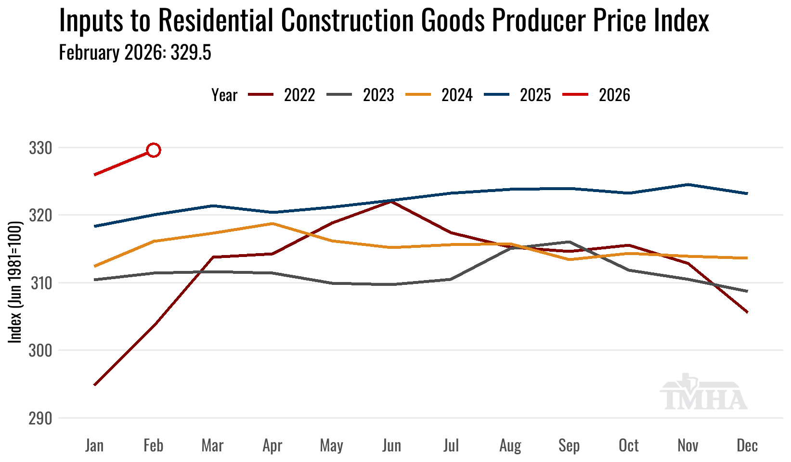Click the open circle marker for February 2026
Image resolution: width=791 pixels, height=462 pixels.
point(154,150)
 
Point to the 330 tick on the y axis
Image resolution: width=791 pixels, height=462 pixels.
point(40,148)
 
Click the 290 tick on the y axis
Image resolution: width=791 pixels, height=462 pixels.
point(40,418)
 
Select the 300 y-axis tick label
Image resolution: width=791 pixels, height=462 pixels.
point(40,350)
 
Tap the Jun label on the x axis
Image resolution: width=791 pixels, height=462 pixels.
point(391,446)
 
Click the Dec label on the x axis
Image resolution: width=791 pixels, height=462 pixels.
point(747,446)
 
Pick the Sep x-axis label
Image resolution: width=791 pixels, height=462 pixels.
point(569,446)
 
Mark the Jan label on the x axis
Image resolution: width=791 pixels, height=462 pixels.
point(94,446)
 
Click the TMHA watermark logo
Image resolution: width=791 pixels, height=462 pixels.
point(703,392)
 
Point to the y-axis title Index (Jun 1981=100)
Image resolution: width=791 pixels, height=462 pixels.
point(16,282)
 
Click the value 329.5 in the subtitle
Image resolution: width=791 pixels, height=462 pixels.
point(191,52)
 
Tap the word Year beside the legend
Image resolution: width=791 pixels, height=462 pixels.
point(224,95)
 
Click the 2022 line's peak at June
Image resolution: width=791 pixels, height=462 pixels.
point(391,201)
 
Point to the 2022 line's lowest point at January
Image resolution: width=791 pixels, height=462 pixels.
point(95,385)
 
